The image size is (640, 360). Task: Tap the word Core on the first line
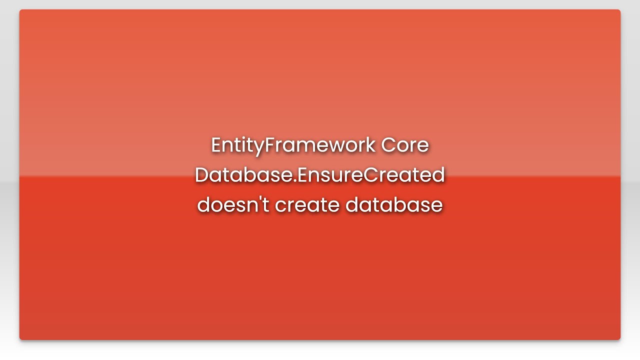(405, 145)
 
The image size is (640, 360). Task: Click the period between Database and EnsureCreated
(294, 181)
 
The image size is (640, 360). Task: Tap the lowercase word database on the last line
(394, 205)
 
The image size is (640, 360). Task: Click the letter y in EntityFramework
(258, 147)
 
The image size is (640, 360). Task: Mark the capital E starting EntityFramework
(215, 145)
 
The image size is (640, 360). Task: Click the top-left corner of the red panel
(20, 10)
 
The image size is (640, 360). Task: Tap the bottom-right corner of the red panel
(619, 339)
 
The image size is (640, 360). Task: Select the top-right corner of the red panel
(619, 10)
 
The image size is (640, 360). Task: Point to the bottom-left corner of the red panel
(20, 339)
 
